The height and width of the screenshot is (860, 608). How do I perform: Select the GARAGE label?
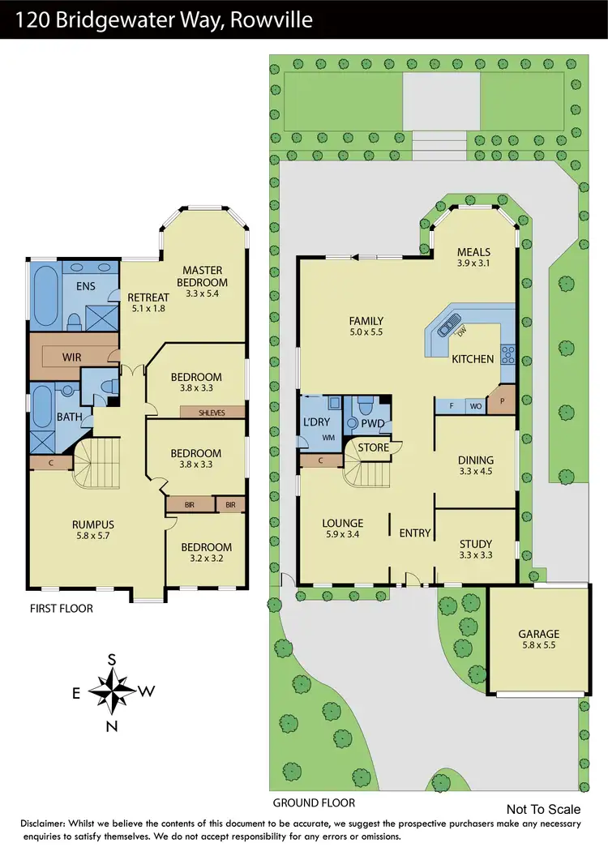pyautogui.click(x=539, y=634)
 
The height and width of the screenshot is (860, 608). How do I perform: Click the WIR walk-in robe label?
pyautogui.click(x=71, y=356)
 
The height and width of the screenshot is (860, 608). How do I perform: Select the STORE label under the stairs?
pyautogui.click(x=374, y=447)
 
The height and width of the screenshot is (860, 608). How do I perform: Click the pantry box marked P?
pyautogui.click(x=502, y=401)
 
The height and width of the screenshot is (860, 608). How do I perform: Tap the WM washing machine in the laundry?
pyautogui.click(x=330, y=437)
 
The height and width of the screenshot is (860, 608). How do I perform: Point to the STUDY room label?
pyautogui.click(x=476, y=544)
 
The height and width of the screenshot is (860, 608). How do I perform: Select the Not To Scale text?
pyautogui.click(x=543, y=809)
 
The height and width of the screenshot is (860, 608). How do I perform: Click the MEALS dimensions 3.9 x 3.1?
pyautogui.click(x=474, y=263)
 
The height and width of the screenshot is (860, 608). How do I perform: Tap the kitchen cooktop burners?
pyautogui.click(x=508, y=353)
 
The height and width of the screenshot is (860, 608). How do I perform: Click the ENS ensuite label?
pyautogui.click(x=85, y=285)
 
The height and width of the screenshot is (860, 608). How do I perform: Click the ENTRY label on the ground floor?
pyautogui.click(x=414, y=533)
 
